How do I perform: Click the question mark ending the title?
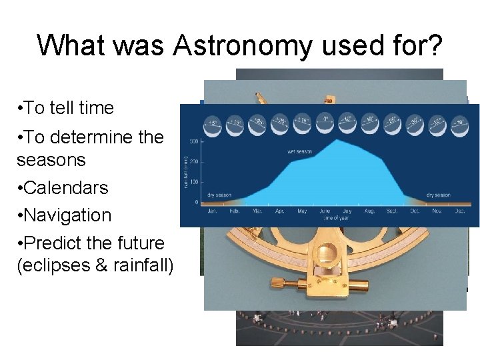(433, 45)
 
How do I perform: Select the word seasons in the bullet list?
(51, 160)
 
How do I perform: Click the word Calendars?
(65, 188)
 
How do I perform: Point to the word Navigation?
(67, 215)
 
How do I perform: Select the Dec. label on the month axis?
(459, 211)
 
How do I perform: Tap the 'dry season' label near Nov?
(439, 195)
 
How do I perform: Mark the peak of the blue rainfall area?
(339, 140)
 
